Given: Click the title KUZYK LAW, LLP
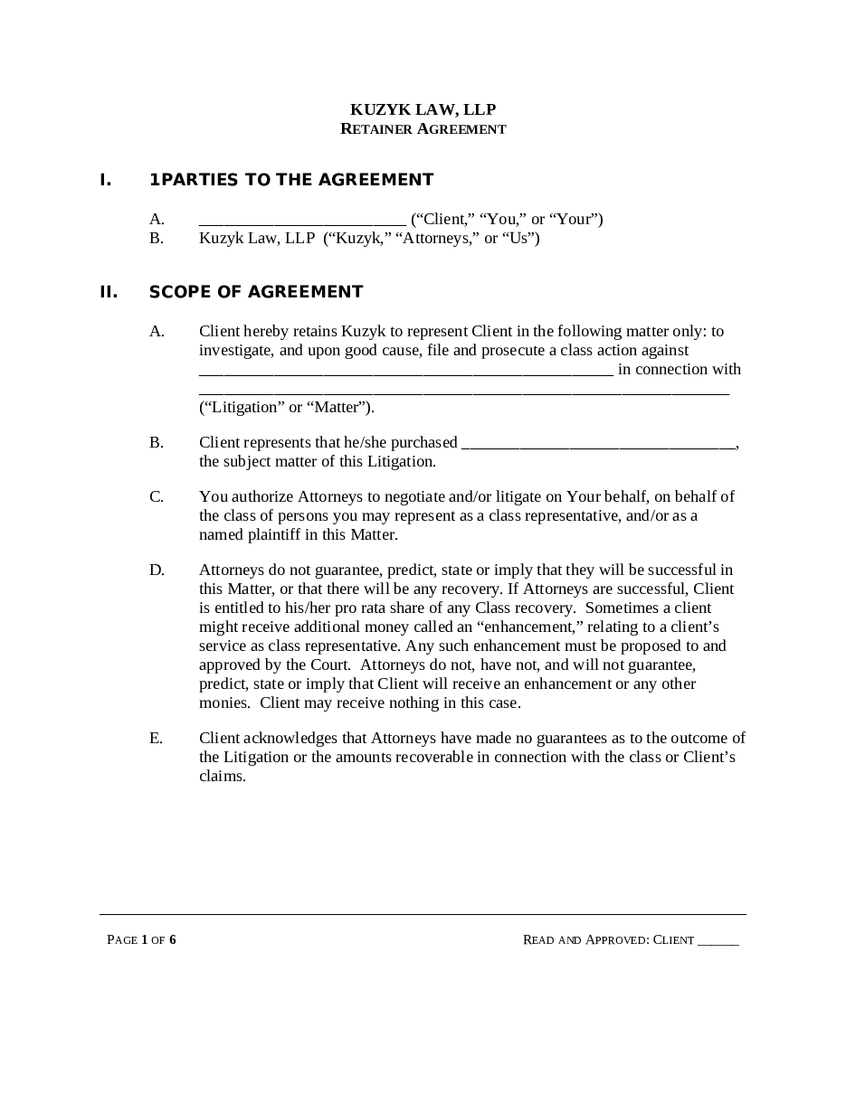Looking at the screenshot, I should click(423, 109).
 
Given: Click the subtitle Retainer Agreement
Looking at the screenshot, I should click(423, 129).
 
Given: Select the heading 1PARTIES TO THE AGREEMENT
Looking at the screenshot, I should click(291, 180).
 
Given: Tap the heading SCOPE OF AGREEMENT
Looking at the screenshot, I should click(256, 292).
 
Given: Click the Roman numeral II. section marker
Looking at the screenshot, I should click(109, 292).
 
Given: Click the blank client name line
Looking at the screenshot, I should click(302, 220).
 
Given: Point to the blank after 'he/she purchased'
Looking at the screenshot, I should click(599, 443).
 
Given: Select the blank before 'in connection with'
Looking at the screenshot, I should click(406, 370).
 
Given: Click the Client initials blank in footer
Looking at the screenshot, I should click(718, 940).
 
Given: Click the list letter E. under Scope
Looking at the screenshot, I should click(157, 739).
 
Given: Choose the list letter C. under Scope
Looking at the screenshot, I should click(157, 496).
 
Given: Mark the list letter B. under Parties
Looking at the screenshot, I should click(157, 239).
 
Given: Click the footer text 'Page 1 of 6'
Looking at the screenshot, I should click(141, 940).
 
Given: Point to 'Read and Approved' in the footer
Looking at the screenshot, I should click(585, 940).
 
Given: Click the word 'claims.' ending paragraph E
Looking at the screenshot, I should click(223, 777).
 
